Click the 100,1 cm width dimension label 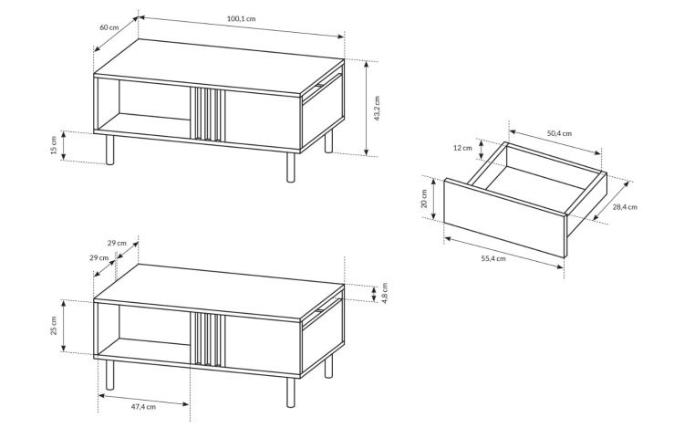241,19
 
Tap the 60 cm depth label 109,27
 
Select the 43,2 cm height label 378,109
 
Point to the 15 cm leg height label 54,145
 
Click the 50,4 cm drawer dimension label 559,133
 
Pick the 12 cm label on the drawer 462,148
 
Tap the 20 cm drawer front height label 424,199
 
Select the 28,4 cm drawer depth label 625,207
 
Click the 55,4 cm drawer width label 493,258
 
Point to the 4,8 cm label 384,293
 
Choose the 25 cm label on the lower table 54,326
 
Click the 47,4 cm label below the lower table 143,407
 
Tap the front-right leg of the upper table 291,167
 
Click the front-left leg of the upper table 110,150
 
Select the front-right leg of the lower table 291,392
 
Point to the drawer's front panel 504,218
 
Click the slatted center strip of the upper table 207,114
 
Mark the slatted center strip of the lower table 207,339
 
